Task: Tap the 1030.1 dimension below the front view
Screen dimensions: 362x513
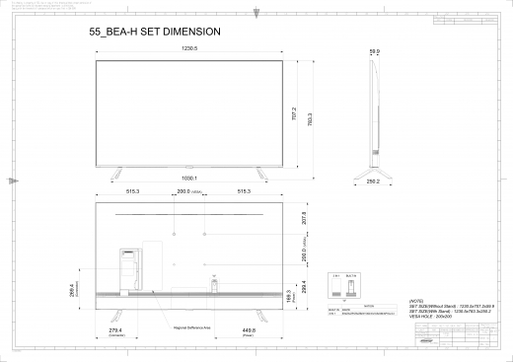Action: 190,178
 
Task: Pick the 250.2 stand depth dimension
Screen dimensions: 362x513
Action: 373,181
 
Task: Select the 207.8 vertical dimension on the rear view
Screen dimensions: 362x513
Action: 304,218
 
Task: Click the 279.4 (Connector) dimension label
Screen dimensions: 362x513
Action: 116,331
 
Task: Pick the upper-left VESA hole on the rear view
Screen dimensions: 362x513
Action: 174,234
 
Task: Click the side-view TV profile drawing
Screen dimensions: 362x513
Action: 374,113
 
